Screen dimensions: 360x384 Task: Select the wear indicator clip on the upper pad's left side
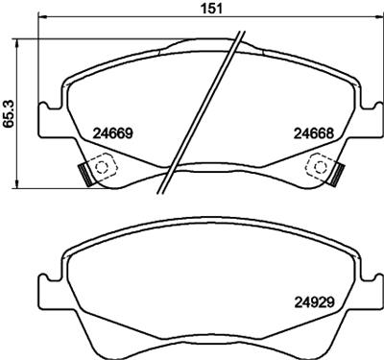click(84, 174)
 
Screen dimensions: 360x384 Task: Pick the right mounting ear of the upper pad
click(371, 115)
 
